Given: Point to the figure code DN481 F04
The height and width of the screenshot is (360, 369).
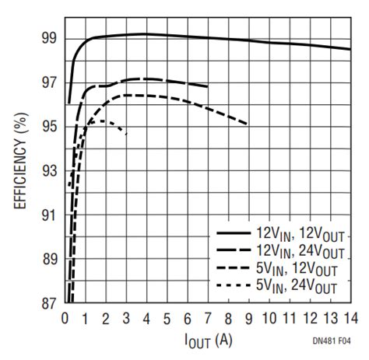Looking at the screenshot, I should (331, 341).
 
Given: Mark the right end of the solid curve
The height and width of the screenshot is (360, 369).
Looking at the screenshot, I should (350, 49).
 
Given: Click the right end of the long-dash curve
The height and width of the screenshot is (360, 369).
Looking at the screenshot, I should (207, 86).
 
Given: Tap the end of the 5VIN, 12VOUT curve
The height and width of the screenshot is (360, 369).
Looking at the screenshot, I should (248, 124).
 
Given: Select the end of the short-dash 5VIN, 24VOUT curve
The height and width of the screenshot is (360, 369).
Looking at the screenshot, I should (126, 134).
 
